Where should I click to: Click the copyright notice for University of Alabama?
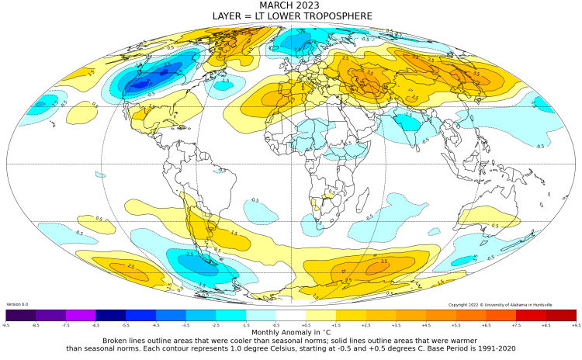click(512, 305)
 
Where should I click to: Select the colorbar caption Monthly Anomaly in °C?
click(290, 331)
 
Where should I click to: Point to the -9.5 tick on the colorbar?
click(6, 325)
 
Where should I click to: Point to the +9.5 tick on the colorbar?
click(576, 325)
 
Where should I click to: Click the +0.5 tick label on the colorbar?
click(306, 325)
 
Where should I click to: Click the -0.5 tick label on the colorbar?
click(276, 325)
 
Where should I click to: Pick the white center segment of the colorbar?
click(291, 315)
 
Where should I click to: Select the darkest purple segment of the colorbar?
click(21, 315)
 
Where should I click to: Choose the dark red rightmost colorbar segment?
click(561, 315)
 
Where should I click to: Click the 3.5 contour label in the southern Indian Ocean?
click(383, 261)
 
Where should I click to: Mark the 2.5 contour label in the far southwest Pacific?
click(130, 266)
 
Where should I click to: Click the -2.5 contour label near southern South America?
click(189, 254)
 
